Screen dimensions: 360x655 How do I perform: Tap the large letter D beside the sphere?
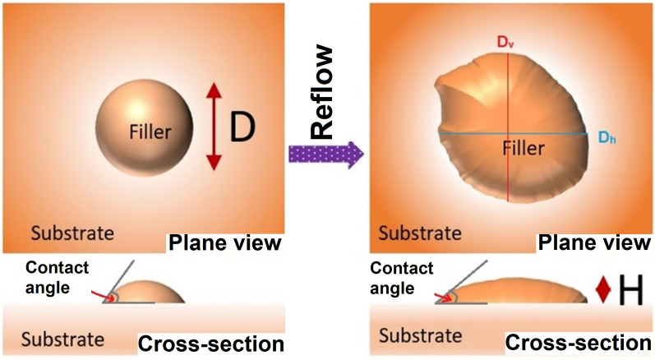pyautogui.click(x=242, y=128)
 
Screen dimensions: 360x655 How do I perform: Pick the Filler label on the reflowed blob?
pyautogui.click(x=515, y=150)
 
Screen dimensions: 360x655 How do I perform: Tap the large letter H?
pyautogui.click(x=631, y=290)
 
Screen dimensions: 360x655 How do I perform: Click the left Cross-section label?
pyautogui.click(x=213, y=343)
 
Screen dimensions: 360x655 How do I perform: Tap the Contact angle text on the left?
pyautogui.click(x=59, y=276)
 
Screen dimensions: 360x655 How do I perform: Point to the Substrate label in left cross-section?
pyautogui.click(x=62, y=339)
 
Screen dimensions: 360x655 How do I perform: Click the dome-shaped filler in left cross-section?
pyautogui.click(x=153, y=293)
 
